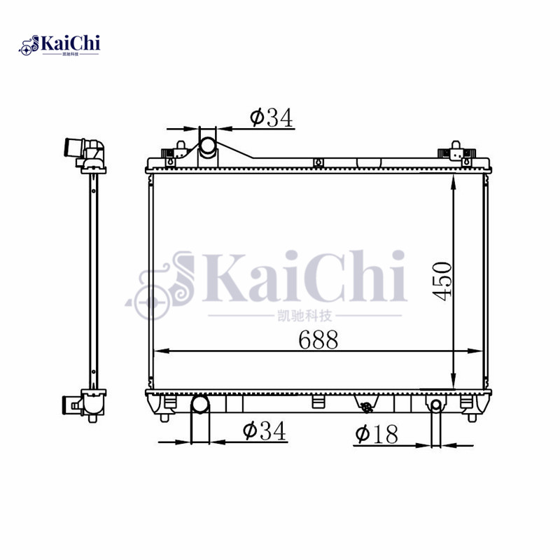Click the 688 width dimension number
click(318, 340)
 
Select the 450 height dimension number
click(441, 280)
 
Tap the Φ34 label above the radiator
click(271, 118)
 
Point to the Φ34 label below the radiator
click(265, 432)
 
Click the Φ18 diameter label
click(376, 435)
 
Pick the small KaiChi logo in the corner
click(59, 45)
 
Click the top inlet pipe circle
click(208, 147)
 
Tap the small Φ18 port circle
click(435, 405)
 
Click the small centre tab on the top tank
click(318, 163)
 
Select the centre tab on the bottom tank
click(318, 402)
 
